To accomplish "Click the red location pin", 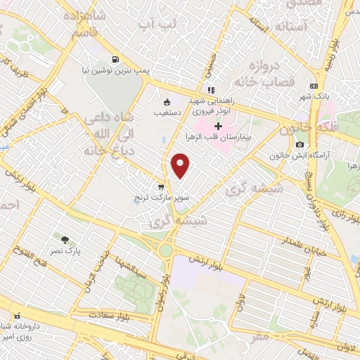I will point(181,165).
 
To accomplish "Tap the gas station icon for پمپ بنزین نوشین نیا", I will point(115,60).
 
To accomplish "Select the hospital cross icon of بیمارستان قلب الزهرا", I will point(219,127).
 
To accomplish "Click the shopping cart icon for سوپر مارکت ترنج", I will point(161,188).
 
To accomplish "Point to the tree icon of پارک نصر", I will point(66,240).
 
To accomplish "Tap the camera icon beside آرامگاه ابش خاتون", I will point(300,144).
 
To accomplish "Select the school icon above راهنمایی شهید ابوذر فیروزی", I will point(210,90).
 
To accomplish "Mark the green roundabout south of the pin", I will point(166,250).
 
